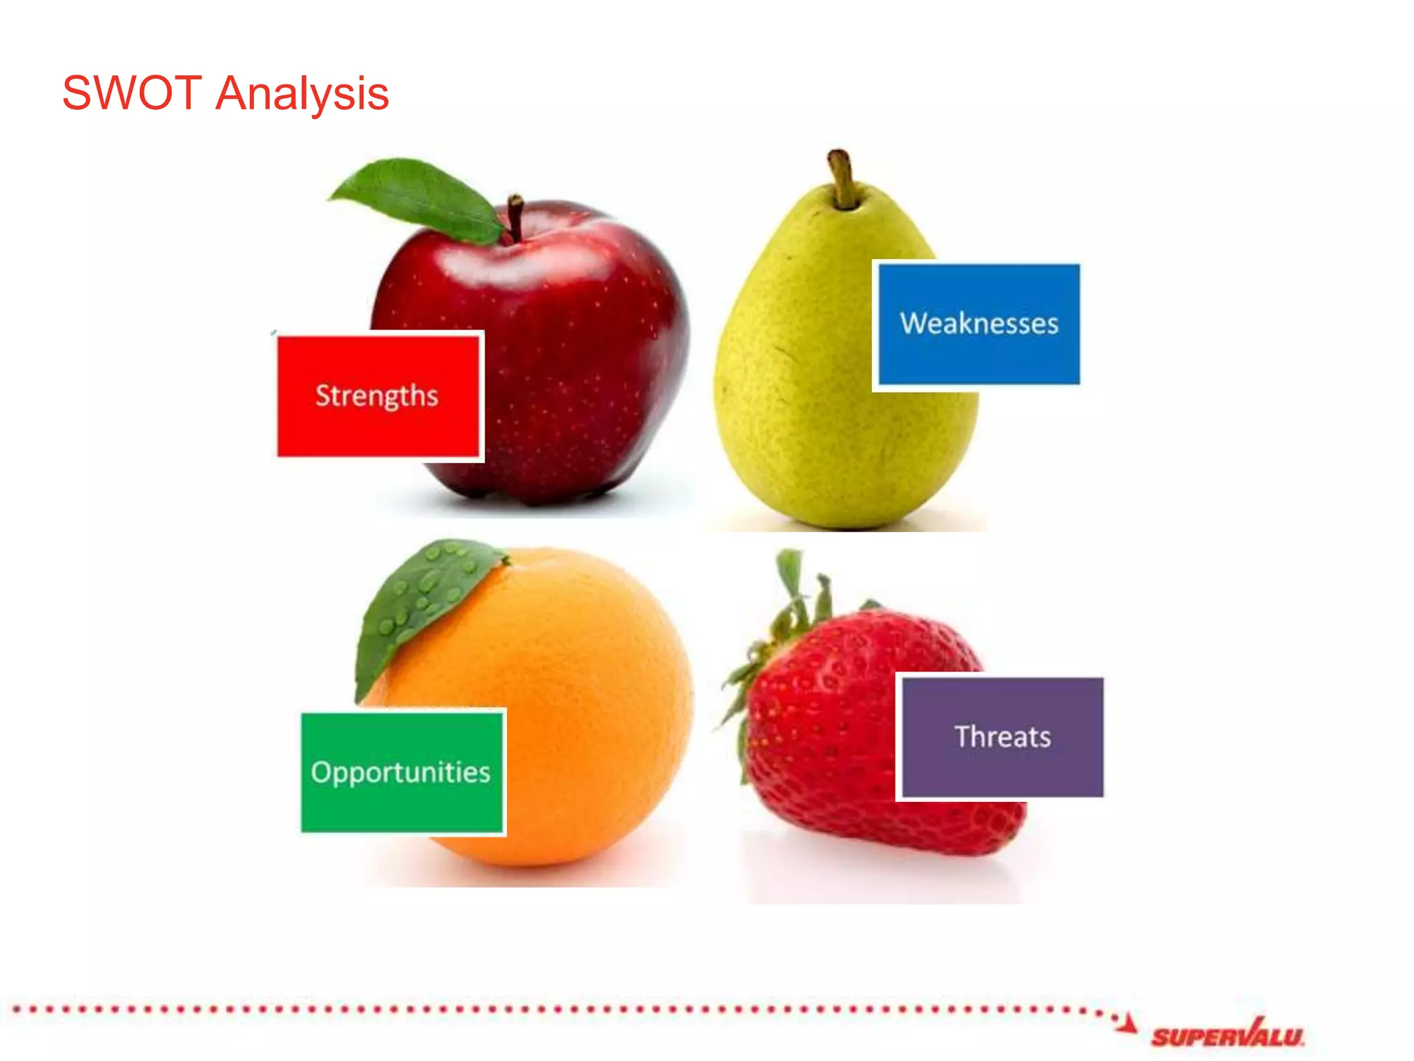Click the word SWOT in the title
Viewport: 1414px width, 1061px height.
coord(131,93)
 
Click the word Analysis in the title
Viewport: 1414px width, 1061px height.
coord(302,95)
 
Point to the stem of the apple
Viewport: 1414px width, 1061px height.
coord(515,216)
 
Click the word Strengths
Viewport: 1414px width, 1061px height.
coord(377,396)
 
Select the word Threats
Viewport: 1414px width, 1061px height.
coord(1003,737)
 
